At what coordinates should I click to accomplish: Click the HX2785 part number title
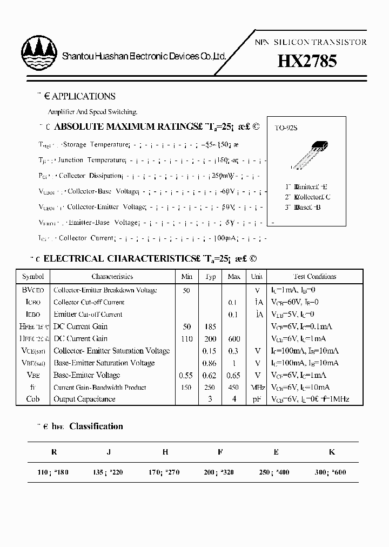coord(307,61)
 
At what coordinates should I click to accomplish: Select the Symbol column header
coord(33,276)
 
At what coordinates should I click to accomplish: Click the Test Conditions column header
coord(314,276)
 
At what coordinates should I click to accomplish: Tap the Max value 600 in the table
coord(234,338)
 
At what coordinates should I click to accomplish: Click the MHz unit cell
coord(257,387)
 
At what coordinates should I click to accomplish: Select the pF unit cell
coord(257,399)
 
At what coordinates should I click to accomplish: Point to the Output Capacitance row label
coord(84,399)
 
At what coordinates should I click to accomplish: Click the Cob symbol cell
coord(33,399)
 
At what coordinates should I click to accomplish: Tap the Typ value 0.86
coord(210,363)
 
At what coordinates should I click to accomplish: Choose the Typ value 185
coord(210,326)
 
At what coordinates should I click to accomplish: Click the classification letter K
coord(331,452)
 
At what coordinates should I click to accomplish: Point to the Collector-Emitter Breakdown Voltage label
coord(105,290)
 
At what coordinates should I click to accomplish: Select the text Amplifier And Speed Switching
coord(92,112)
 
